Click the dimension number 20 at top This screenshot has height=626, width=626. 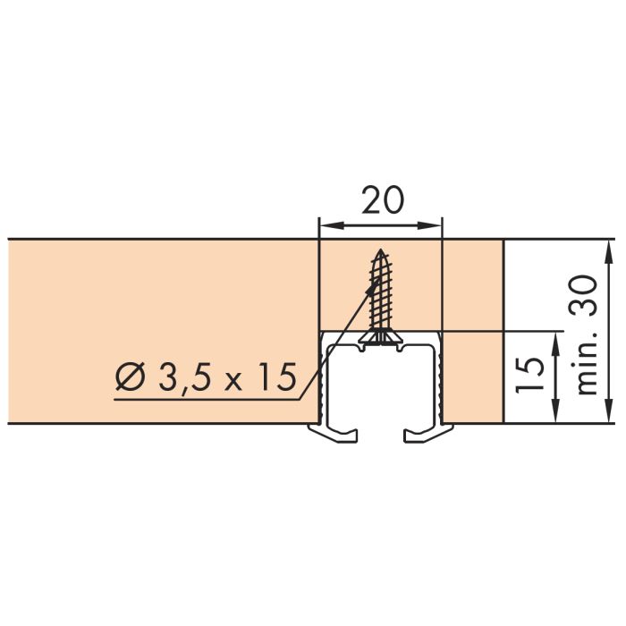tap(383, 199)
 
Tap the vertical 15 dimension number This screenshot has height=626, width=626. tap(529, 375)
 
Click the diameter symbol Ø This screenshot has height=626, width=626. tap(130, 376)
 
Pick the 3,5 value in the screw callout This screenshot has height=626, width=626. tap(184, 377)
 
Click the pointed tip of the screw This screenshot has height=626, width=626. tap(381, 250)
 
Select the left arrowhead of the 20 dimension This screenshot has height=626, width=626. tap(332, 226)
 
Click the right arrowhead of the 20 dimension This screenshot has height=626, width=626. tap(429, 226)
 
